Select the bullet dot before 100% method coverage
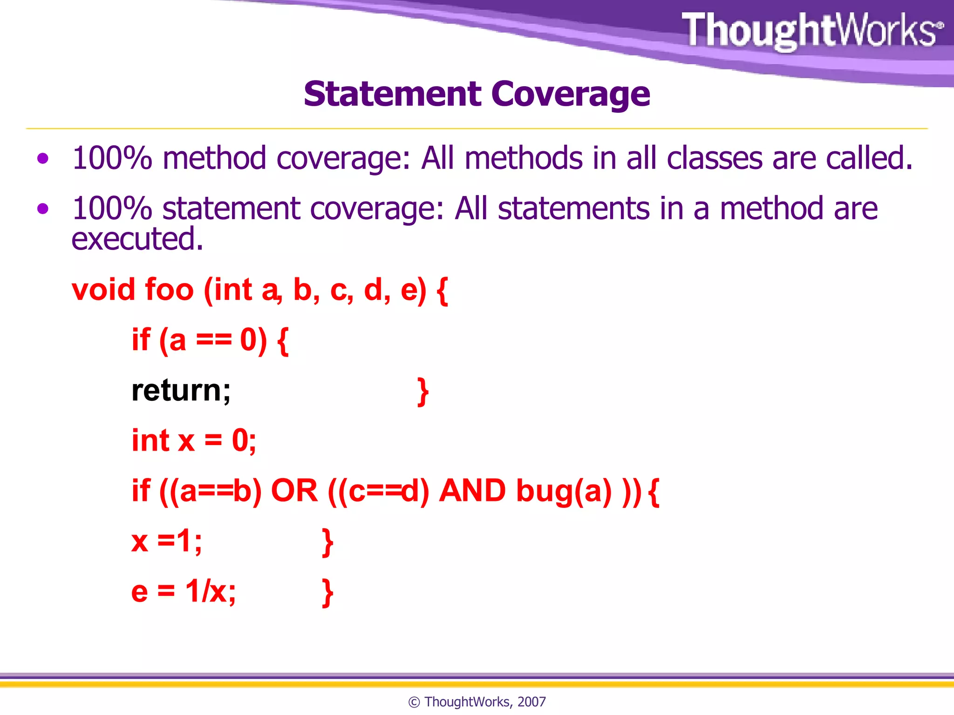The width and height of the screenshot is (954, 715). (x=43, y=159)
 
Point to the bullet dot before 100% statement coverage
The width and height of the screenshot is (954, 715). (x=43, y=209)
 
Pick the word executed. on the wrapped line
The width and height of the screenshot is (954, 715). (x=137, y=239)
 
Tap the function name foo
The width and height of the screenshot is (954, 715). (x=169, y=290)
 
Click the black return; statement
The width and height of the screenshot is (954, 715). (x=181, y=390)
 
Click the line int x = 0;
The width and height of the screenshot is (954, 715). (x=193, y=440)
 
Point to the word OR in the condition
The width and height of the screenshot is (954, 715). (x=294, y=491)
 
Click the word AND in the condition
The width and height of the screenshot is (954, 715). (x=472, y=491)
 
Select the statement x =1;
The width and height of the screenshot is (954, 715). (x=166, y=541)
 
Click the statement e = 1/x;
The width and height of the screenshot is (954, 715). (x=184, y=592)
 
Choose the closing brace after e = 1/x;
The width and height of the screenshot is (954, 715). (x=327, y=593)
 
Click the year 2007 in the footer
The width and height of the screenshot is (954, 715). (x=532, y=702)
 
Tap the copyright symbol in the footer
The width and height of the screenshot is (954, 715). (x=414, y=702)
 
